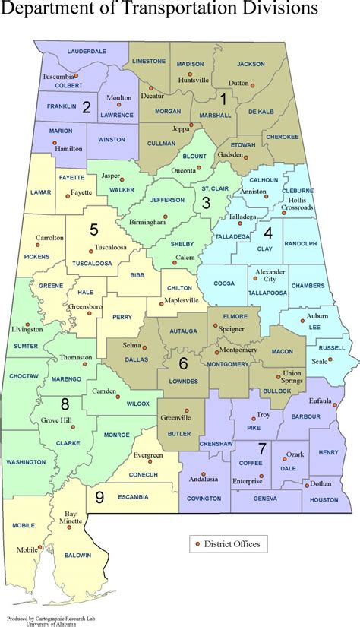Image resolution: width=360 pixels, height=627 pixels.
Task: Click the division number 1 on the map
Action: (223, 97)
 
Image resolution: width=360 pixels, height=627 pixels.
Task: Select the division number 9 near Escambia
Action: (99, 497)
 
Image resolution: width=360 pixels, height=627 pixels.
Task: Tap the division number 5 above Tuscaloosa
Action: (93, 228)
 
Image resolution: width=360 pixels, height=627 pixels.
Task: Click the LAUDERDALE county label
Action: (87, 51)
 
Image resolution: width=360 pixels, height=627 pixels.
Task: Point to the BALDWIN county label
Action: (77, 555)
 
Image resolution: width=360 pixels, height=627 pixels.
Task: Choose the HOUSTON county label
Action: (324, 499)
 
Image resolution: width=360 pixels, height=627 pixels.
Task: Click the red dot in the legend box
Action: (198, 543)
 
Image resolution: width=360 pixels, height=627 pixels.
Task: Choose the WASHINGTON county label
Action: (26, 461)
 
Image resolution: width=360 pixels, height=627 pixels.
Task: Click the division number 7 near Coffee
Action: (261, 447)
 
